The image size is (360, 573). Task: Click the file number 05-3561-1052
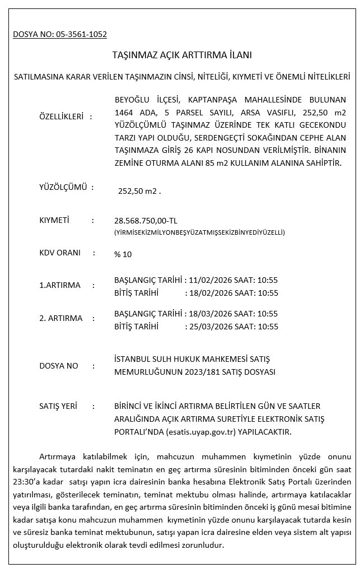pos(81,34)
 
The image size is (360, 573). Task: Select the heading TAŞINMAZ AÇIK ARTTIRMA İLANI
pos(183,55)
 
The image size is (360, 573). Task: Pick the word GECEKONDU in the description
pos(321,124)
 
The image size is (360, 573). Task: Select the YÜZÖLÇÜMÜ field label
pos(63,187)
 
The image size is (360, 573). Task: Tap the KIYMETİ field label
pos(54,220)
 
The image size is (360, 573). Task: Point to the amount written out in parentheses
pos(199,232)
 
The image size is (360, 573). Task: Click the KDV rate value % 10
pos(123,254)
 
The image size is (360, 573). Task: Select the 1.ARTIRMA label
pos(60,285)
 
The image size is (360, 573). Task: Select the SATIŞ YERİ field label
pos(58,406)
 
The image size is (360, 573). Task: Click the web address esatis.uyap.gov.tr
pos(202,432)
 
